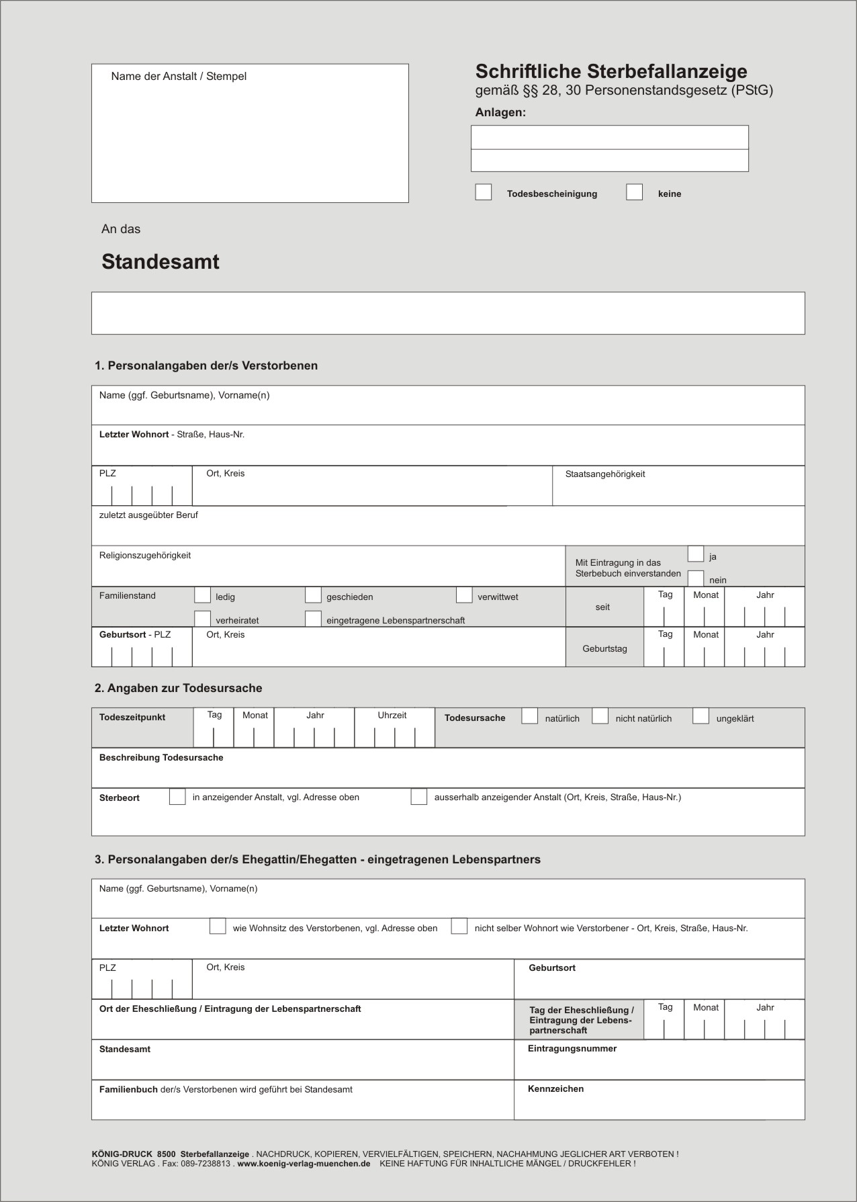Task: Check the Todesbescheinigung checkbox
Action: (x=484, y=192)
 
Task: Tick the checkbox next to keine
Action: (x=634, y=192)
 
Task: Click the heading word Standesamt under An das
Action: (x=161, y=262)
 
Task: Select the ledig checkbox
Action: (x=202, y=595)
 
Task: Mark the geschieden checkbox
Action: (x=313, y=595)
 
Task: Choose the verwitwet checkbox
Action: (x=464, y=595)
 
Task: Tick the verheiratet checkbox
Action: (x=202, y=619)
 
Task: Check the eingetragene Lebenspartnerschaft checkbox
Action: (x=313, y=619)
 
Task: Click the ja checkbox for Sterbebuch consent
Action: (x=696, y=554)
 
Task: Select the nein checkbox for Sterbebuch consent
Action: (x=696, y=578)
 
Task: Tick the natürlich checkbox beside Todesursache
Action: (x=530, y=716)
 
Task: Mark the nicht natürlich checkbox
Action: (x=600, y=716)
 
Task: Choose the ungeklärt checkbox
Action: (x=701, y=716)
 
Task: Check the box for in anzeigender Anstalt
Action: (x=177, y=797)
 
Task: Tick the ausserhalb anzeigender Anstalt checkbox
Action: (x=419, y=797)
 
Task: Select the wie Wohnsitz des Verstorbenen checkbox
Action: (x=218, y=927)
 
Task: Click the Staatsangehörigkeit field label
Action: (x=605, y=474)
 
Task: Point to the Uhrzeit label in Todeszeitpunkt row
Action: (x=392, y=716)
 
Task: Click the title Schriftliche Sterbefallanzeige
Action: (x=611, y=71)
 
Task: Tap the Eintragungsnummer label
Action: (x=572, y=1049)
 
